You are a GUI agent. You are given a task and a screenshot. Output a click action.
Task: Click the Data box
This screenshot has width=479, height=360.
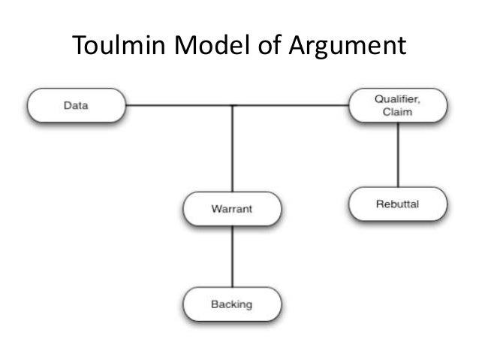[75, 107]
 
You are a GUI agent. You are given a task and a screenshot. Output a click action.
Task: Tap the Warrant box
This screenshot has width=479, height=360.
[232, 208]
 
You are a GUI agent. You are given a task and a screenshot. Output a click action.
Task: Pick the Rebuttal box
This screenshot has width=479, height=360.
[398, 204]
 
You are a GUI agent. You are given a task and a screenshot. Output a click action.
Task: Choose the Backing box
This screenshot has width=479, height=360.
[232, 305]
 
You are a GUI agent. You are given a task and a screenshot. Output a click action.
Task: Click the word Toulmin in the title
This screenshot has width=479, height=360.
[120, 47]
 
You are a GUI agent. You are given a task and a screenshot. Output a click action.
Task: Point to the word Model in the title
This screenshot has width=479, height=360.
[212, 47]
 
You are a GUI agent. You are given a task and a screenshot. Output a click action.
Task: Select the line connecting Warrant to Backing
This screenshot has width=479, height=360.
[232, 256]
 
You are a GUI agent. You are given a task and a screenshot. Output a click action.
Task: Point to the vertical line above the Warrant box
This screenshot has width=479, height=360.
[232, 150]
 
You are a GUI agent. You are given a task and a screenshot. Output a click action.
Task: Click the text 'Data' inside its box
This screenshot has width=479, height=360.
[75, 107]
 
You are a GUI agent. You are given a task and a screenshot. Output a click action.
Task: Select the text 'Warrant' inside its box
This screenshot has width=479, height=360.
[232, 208]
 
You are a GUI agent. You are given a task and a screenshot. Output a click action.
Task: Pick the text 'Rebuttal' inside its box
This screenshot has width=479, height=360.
[398, 204]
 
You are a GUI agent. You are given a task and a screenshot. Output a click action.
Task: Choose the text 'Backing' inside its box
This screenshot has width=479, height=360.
[232, 305]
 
